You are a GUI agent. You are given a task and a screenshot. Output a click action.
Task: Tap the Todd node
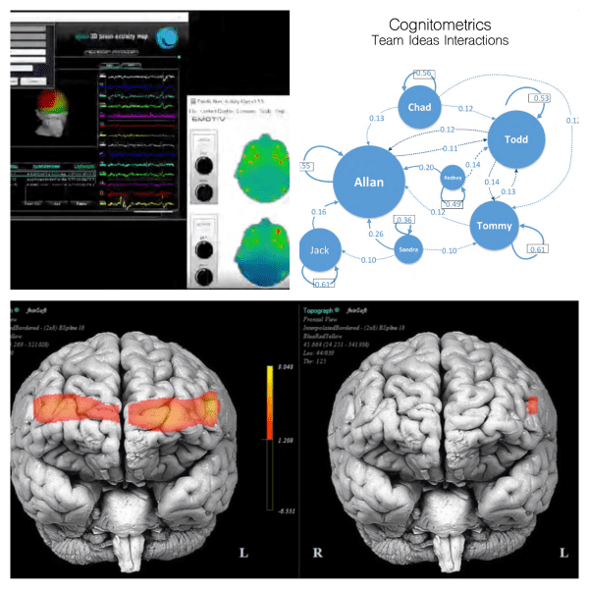(x=515, y=138)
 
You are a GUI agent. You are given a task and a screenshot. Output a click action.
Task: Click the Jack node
(x=320, y=250)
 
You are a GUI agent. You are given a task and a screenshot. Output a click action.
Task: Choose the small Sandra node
(x=408, y=250)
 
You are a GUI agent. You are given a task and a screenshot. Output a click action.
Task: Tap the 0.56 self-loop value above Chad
(x=423, y=74)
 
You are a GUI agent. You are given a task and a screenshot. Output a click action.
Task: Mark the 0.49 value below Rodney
(x=455, y=203)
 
